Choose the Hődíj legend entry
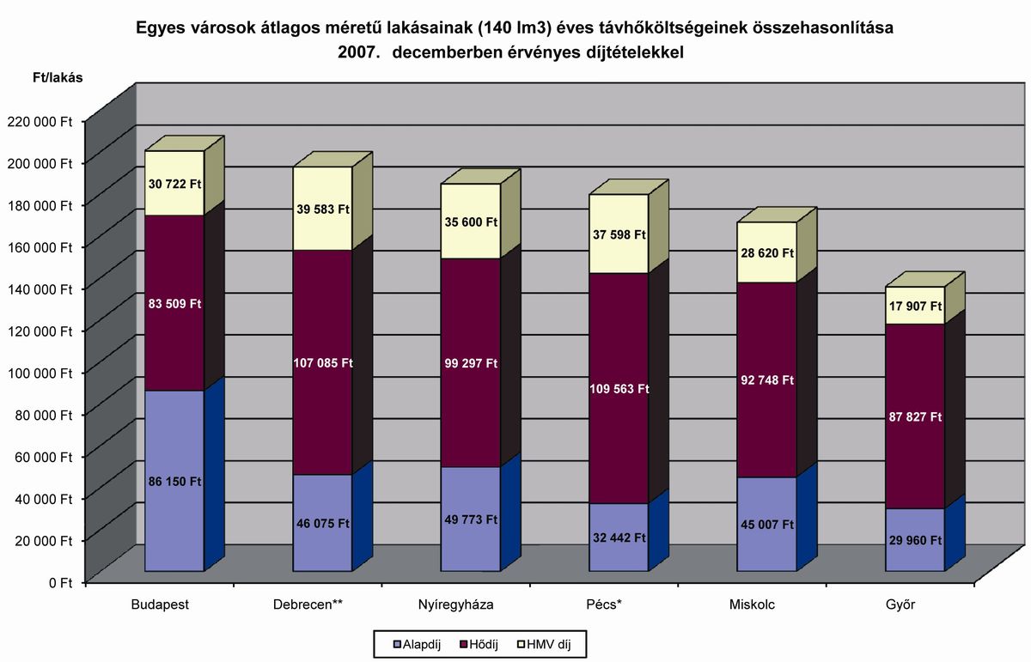(485, 643)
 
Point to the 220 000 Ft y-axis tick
(41, 121)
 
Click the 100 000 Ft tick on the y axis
(41, 372)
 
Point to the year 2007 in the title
(357, 52)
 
